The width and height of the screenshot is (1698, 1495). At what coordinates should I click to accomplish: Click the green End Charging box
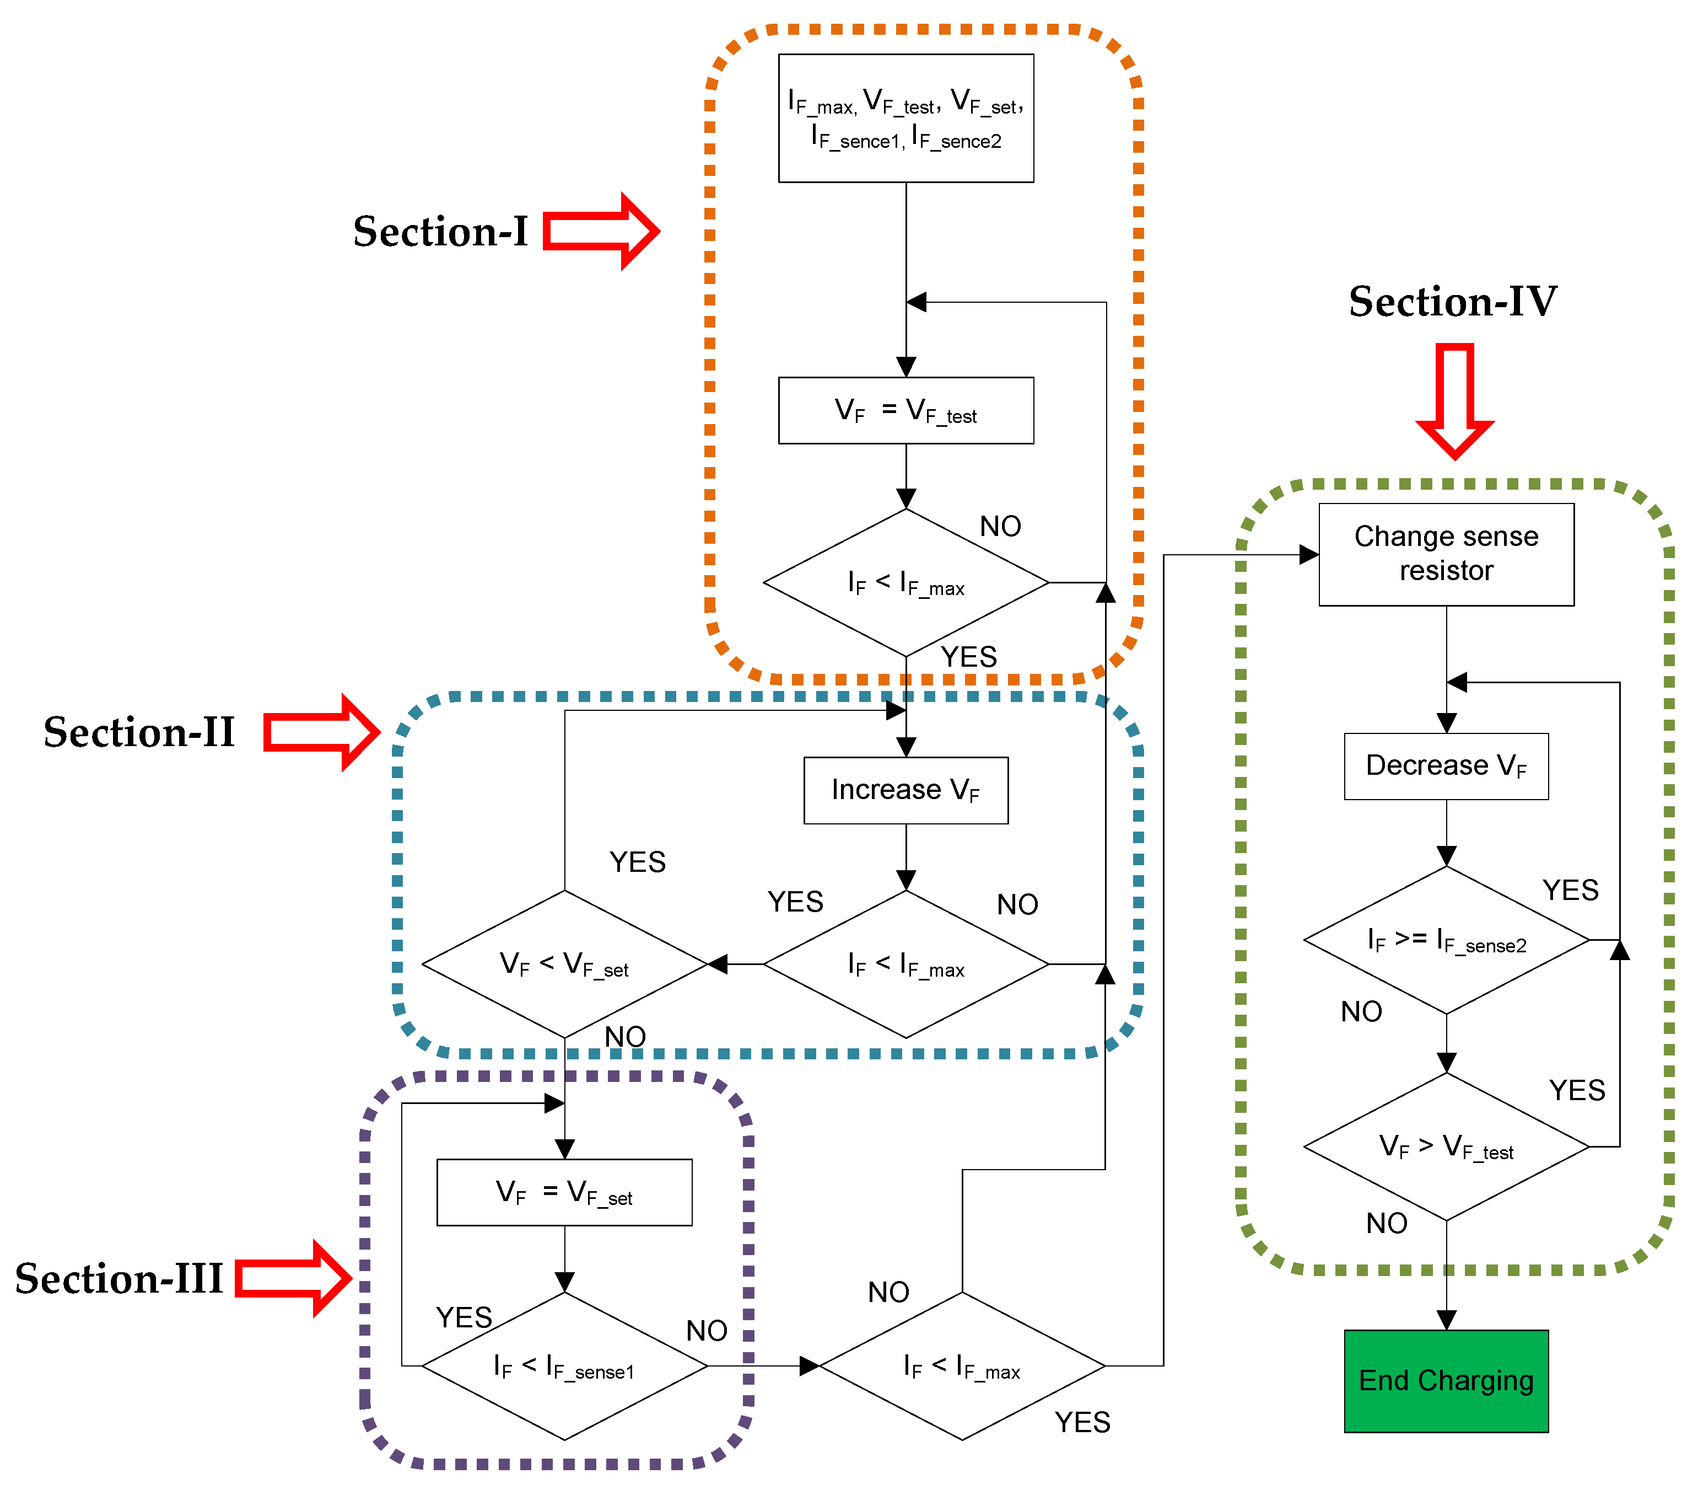coord(1446,1380)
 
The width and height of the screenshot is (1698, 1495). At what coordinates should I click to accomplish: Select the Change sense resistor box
coord(1446,554)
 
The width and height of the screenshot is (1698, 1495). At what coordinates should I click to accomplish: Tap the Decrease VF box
coord(1446,765)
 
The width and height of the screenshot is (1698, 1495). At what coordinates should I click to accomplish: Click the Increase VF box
coord(905,790)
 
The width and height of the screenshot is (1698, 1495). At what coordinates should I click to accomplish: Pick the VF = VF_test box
coord(905,410)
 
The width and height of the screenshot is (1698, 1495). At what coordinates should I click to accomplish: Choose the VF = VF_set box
coord(564,1192)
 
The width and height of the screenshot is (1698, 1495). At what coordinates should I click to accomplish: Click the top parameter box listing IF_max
coord(905,118)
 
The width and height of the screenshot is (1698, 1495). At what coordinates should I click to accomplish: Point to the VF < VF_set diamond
coord(564,964)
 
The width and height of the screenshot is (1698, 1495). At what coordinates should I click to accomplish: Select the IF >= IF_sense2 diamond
coord(1446,940)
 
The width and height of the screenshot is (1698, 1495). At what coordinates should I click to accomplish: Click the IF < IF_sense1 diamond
coord(564,1365)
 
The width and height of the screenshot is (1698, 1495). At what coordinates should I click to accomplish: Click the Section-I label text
coord(440,231)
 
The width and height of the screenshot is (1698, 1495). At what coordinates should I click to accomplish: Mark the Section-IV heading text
coord(1452,301)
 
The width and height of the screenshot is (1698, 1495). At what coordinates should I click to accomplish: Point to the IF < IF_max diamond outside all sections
coord(962,1365)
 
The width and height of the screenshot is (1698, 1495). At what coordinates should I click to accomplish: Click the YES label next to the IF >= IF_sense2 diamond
coord(1570,890)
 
